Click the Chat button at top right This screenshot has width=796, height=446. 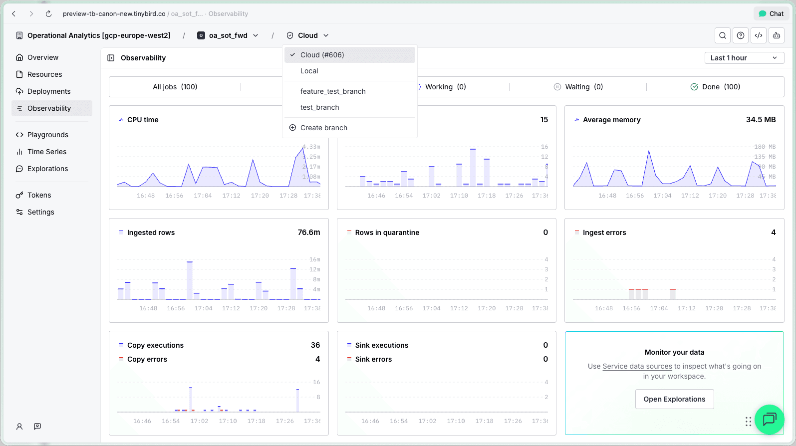771,14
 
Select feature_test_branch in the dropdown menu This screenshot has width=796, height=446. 333,91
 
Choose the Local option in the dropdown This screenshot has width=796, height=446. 309,71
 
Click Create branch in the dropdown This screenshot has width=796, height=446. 323,128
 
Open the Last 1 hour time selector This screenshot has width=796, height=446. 744,58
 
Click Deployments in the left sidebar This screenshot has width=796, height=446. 49,91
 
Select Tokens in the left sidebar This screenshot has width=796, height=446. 39,195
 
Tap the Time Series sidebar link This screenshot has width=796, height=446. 47,152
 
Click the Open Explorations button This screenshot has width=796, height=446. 674,399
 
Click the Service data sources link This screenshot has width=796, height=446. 637,366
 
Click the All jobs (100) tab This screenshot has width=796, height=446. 175,87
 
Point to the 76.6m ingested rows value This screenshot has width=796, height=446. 309,232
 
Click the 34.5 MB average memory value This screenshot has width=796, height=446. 761,120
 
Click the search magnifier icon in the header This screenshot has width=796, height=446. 723,35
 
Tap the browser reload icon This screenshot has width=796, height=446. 48,14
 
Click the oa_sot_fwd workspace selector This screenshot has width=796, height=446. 229,35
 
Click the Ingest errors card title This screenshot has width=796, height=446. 604,232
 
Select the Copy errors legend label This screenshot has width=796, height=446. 147,359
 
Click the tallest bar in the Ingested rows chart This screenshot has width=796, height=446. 190,280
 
